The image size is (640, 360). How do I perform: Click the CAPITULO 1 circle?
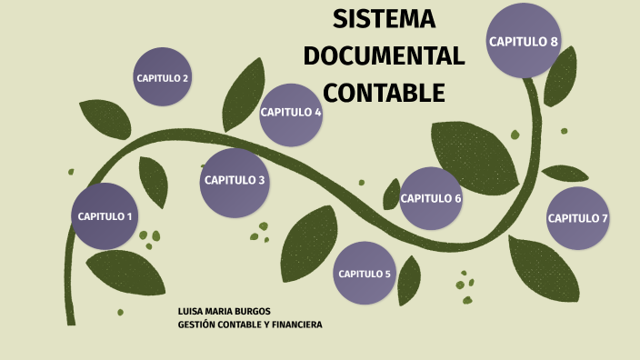[x=105, y=216]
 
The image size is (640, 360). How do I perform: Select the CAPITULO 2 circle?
[x=163, y=77]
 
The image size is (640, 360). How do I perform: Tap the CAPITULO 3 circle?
[x=235, y=180]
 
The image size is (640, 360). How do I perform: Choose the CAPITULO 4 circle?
[x=291, y=113]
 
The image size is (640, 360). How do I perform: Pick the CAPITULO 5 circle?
[x=364, y=274]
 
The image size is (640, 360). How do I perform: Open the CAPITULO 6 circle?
[x=431, y=198]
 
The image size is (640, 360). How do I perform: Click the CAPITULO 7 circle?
[x=577, y=218]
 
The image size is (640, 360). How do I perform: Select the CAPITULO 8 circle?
[x=524, y=42]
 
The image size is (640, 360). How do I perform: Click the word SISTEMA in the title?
[x=384, y=19]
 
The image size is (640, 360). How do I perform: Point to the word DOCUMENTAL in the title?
[x=384, y=55]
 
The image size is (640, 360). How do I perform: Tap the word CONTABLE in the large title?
[x=384, y=93]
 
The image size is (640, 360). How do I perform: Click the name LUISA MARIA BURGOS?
[x=224, y=311]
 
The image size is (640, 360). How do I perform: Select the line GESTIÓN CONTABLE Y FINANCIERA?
[x=250, y=325]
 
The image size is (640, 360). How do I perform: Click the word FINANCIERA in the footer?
[x=295, y=325]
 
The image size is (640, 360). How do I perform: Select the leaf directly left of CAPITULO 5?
[x=308, y=244]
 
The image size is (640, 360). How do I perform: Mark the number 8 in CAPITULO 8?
[x=554, y=42]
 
